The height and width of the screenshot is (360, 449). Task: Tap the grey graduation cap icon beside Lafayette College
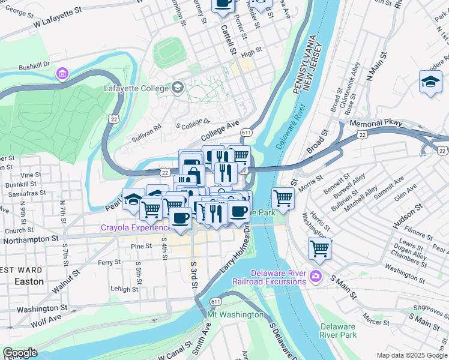point(178,88)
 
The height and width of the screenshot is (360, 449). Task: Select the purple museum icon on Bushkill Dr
point(61,74)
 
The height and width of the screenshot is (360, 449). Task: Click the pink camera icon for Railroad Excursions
point(316,277)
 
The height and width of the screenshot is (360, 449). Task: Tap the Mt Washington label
point(235,315)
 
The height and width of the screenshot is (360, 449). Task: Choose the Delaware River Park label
point(339,331)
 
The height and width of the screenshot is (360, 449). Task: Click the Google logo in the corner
point(20,353)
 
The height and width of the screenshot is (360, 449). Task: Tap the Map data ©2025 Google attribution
point(411,355)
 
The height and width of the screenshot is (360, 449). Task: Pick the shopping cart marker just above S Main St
point(319,248)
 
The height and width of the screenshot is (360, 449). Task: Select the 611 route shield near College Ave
point(246,132)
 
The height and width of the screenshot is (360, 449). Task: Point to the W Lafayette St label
point(57,19)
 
